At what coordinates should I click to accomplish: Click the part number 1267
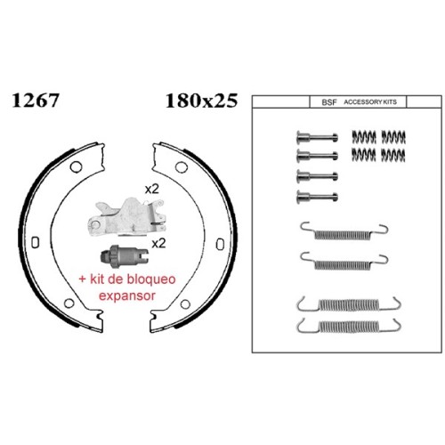coord(36,101)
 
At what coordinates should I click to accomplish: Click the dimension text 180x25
coord(202,101)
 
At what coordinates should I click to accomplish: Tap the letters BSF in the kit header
coord(329,102)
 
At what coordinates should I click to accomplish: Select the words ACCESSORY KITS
coord(370,102)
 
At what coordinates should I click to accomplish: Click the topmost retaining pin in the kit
coord(317,137)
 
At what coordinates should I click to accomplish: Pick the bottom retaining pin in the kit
coord(317,197)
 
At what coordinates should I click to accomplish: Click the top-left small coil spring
coord(364,137)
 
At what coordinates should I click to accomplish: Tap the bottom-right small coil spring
coord(393,155)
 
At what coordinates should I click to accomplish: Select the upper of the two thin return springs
coord(344,231)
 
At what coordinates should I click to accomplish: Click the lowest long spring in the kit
coord(349,326)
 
